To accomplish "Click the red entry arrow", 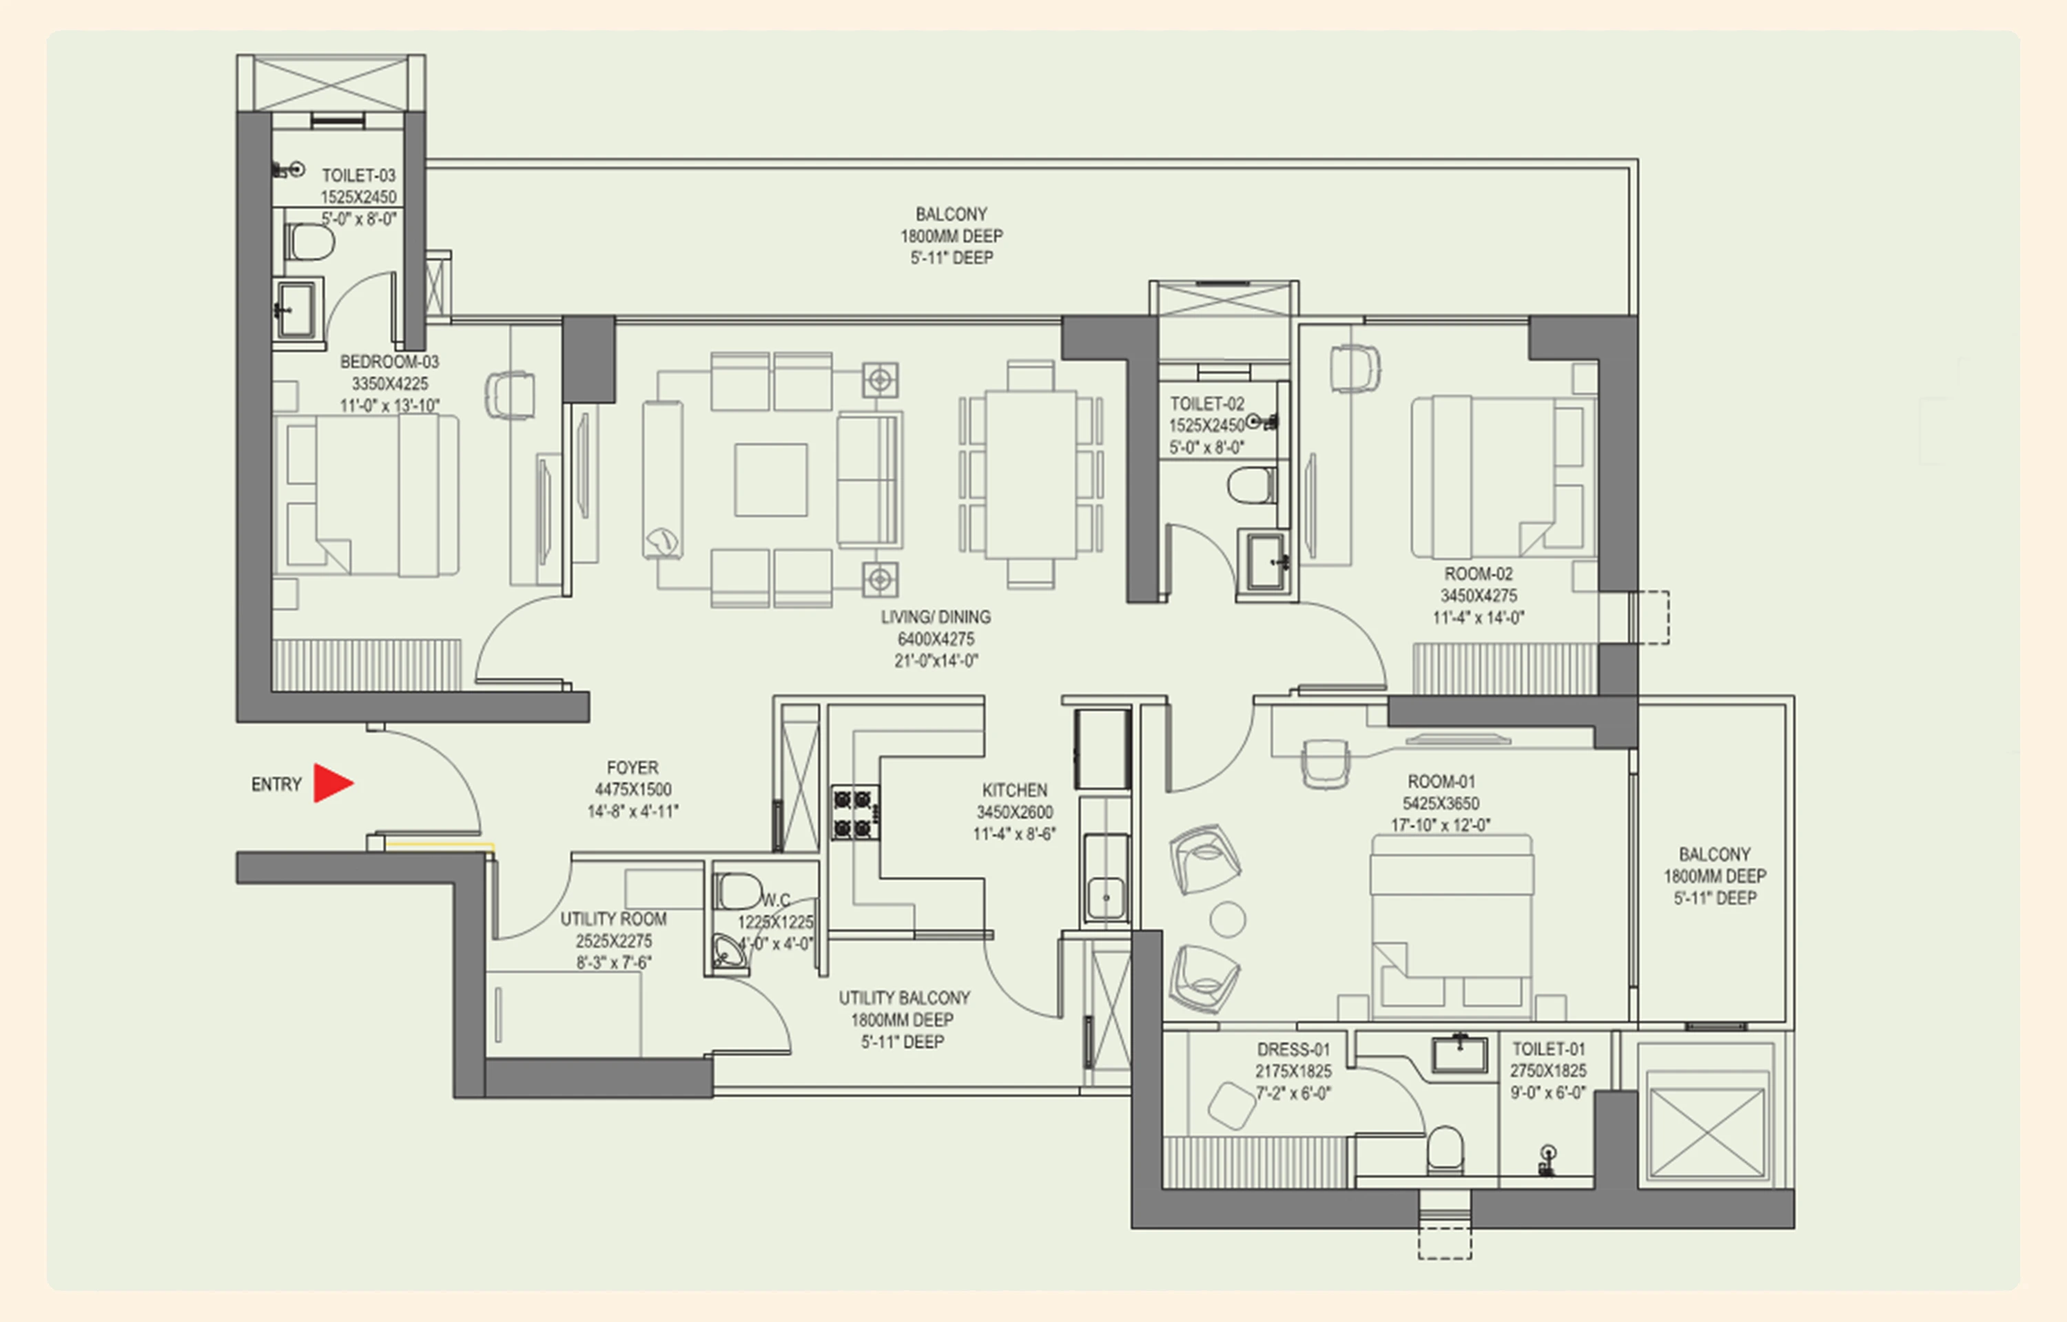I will (331, 783).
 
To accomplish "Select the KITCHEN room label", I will (1014, 790).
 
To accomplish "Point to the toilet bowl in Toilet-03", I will (309, 243).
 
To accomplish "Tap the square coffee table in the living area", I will (770, 480).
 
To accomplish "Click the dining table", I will (1031, 474).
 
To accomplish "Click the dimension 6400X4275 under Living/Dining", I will (935, 639).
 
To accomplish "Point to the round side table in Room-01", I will (1227, 919).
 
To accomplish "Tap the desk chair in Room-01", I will (1324, 762).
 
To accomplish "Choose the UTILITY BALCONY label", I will (903, 998).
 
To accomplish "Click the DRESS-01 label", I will (1293, 1049).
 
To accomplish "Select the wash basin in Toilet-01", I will (1459, 1054).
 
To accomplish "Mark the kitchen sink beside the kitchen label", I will (1105, 897).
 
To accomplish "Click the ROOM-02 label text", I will (1478, 574).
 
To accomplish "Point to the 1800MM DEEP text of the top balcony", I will (951, 235).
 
